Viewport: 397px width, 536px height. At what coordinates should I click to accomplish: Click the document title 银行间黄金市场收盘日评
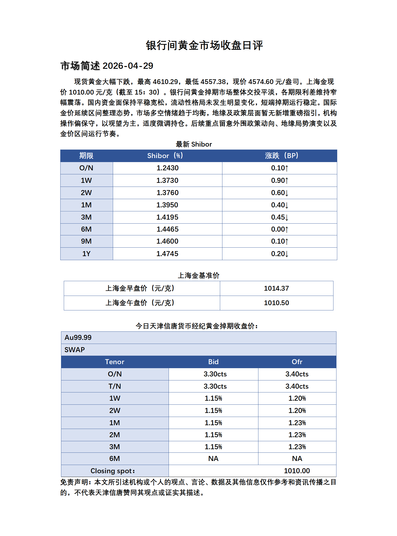[x=204, y=46]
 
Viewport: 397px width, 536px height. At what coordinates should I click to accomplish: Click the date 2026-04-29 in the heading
[x=128, y=66]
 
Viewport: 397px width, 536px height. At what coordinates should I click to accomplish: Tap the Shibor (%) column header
[x=165, y=156]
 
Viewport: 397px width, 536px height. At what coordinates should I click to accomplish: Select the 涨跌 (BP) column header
[x=281, y=156]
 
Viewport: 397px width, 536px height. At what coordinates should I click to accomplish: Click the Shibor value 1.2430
[x=167, y=168]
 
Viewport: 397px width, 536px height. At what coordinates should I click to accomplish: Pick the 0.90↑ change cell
[x=279, y=180]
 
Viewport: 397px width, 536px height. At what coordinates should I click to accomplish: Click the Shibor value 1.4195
[x=167, y=217]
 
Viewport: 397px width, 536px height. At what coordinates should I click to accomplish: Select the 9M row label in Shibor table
[x=86, y=241]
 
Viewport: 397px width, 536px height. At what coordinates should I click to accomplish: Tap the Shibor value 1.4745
[x=167, y=254]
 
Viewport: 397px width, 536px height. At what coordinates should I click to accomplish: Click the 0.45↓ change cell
[x=279, y=217]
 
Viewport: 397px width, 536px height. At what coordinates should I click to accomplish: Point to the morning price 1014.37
[x=276, y=288]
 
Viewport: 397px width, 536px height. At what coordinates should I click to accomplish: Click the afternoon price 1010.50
[x=276, y=303]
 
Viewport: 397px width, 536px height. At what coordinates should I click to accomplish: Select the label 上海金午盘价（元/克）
[x=140, y=303]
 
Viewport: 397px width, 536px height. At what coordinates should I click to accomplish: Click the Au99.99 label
[x=78, y=338]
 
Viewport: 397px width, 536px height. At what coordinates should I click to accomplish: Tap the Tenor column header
[x=115, y=362]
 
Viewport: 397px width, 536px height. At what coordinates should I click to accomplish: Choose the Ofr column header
[x=297, y=362]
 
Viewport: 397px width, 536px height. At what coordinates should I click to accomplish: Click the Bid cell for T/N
[x=215, y=386]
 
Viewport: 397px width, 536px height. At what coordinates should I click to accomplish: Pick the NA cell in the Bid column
[x=213, y=458]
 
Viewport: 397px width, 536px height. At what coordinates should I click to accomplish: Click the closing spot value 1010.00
[x=297, y=471]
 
